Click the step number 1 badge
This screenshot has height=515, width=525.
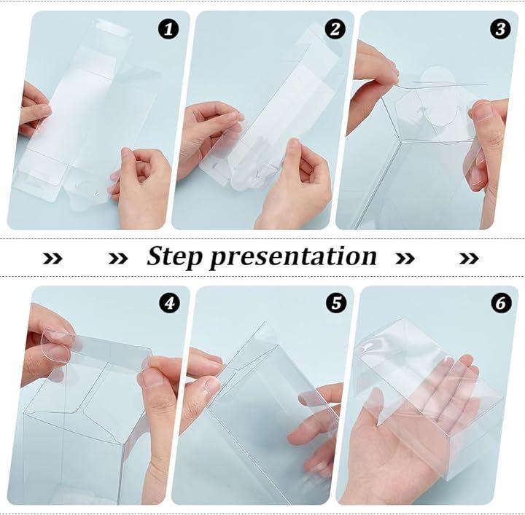click(x=168, y=28)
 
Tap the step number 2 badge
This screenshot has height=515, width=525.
click(x=335, y=28)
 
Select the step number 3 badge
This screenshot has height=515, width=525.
click(x=500, y=28)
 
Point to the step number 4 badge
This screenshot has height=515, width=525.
click(x=169, y=303)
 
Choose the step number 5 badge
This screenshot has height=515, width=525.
click(x=336, y=303)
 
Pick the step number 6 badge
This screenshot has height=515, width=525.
click(x=501, y=303)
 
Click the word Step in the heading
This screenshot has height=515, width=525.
click(x=175, y=257)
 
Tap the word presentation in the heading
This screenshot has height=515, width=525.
click(x=293, y=257)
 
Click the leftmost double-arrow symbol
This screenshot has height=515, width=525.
click(x=52, y=258)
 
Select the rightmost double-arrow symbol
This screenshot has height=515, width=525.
click(x=469, y=258)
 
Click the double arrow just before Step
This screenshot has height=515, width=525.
click(x=118, y=258)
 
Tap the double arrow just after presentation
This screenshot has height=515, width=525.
click(x=405, y=258)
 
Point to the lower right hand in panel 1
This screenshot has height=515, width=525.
click(x=142, y=187)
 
